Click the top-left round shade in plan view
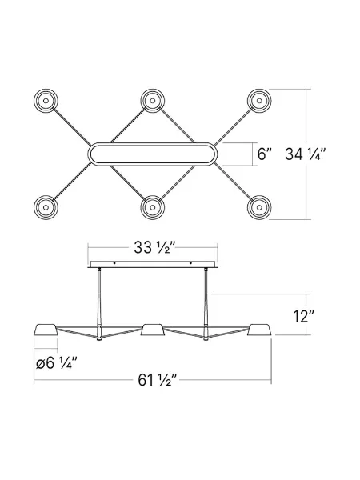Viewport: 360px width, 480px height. [46, 101]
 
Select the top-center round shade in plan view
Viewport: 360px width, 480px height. [152, 101]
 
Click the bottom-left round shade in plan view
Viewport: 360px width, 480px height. [46, 207]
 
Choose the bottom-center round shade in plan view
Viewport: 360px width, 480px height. [152, 207]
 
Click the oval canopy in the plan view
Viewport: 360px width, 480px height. [152, 154]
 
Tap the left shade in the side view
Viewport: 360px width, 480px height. [46, 331]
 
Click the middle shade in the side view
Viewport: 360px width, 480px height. [152, 331]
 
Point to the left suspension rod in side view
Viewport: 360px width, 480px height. [99, 300]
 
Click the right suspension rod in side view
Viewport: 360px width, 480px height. [206, 300]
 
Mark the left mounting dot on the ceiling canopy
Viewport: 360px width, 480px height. [114, 264]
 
